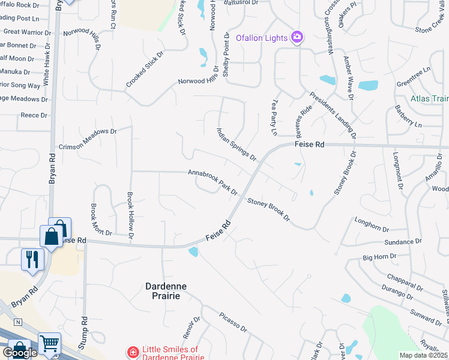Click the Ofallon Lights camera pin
click(x=297, y=38)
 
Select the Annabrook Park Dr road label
click(x=213, y=181)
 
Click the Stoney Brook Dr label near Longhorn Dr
click(x=268, y=210)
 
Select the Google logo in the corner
click(x=20, y=352)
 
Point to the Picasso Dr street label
click(x=233, y=322)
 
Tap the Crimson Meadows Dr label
click(x=86, y=139)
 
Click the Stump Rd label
click(x=84, y=333)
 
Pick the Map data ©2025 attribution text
click(x=423, y=355)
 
